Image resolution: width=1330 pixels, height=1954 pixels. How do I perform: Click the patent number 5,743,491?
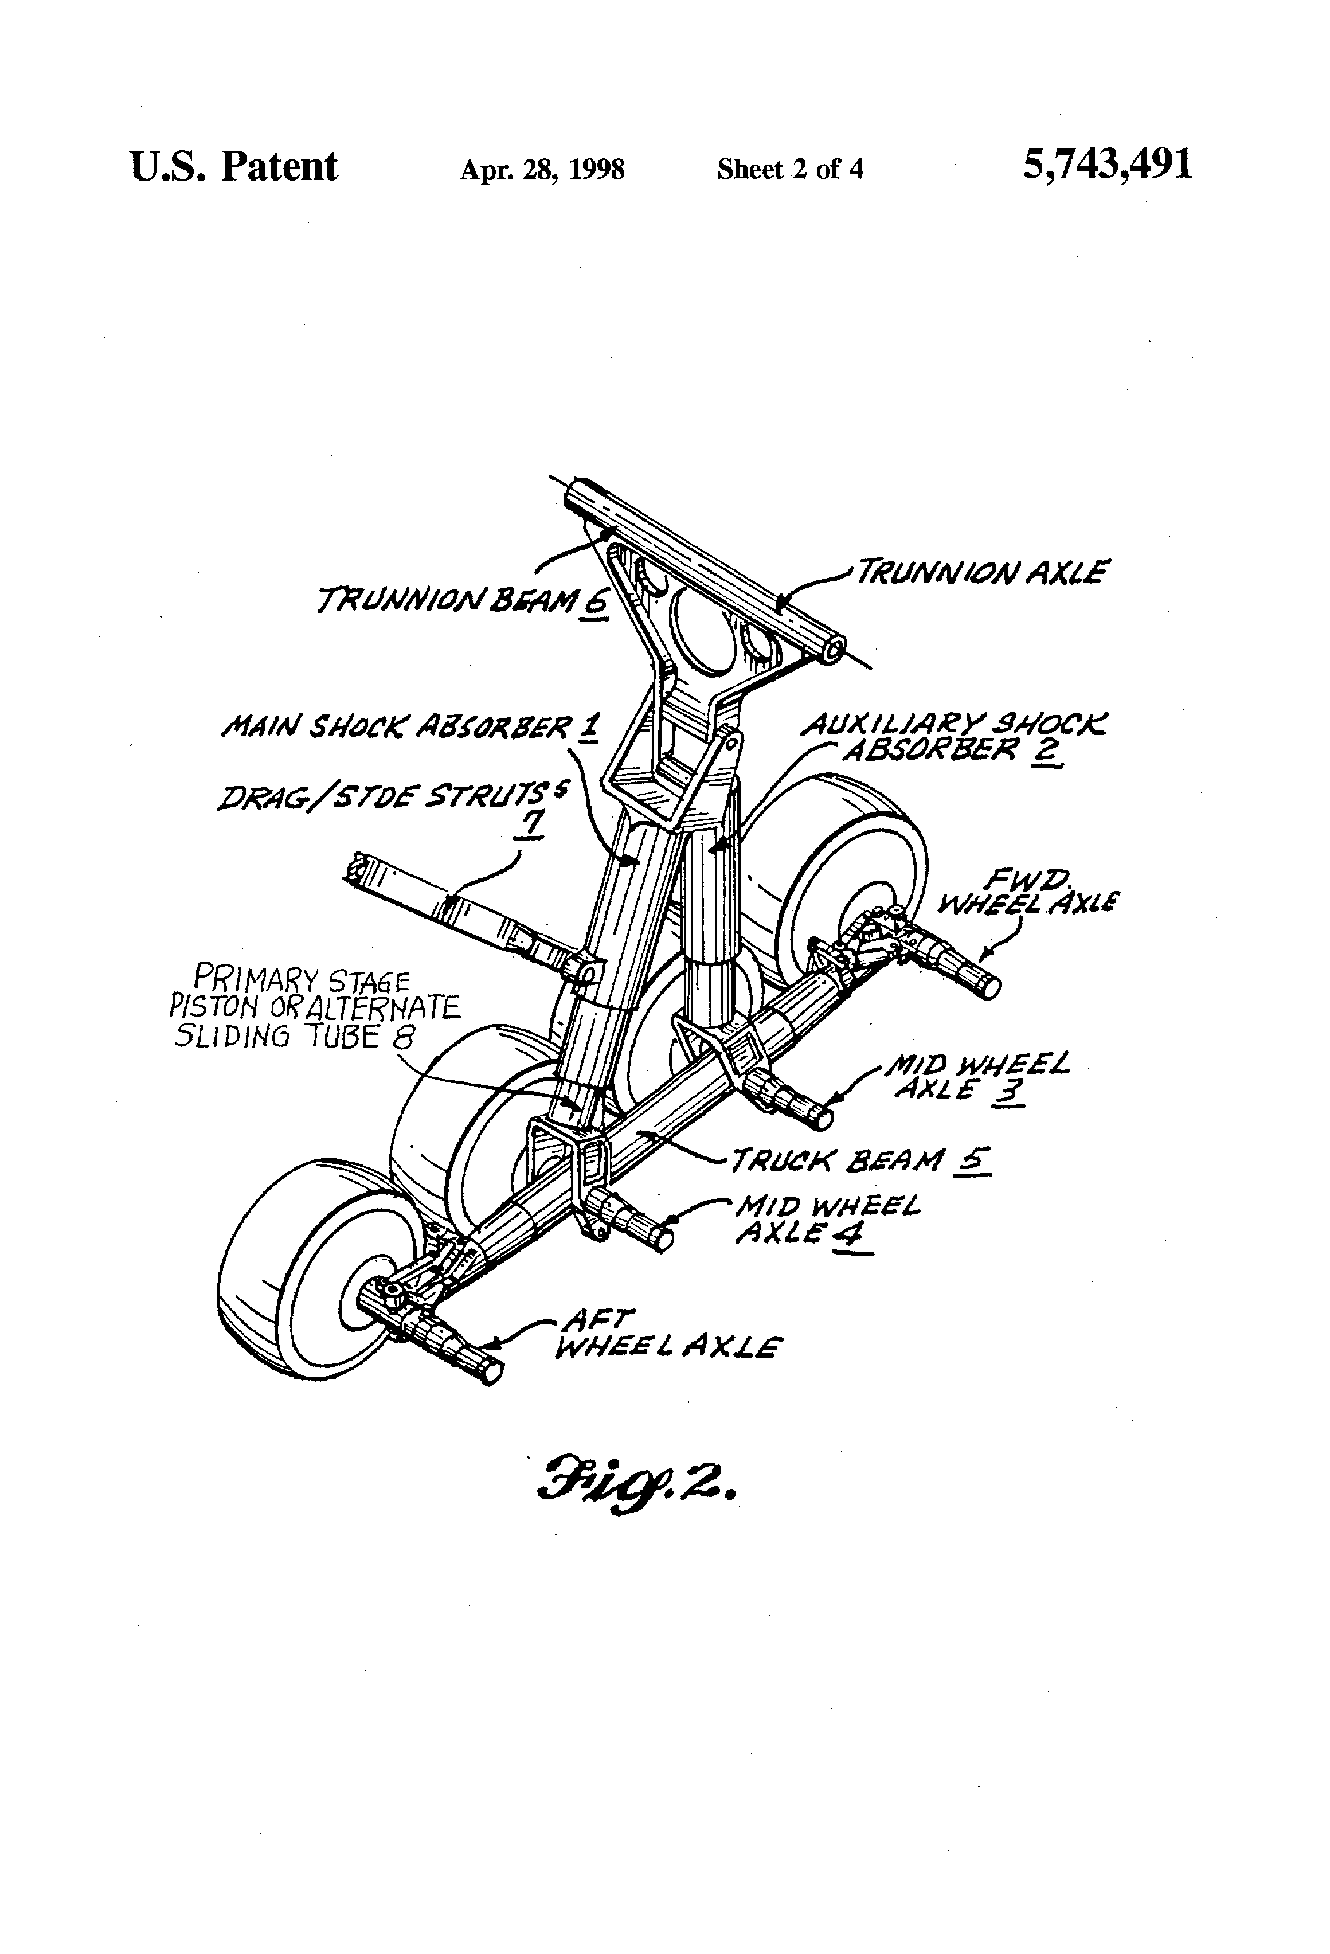click(1106, 166)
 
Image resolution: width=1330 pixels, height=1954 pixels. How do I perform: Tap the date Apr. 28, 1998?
click(542, 170)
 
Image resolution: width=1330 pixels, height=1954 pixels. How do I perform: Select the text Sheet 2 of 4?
click(791, 170)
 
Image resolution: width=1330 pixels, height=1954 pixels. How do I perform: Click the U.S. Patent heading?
click(234, 166)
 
